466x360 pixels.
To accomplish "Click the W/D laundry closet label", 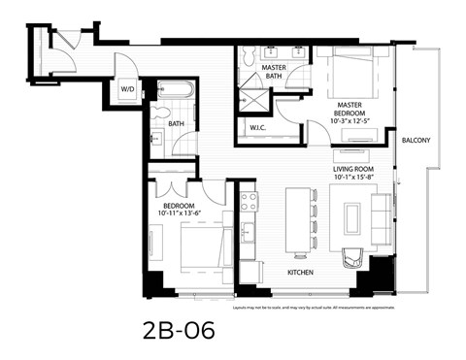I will pos(128,88).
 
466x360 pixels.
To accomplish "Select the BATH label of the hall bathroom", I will pos(176,123).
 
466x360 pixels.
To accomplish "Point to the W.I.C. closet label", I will pos(258,127).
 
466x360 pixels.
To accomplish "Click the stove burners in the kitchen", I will pos(248,202).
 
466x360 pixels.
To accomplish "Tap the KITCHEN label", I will pos(301,273).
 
